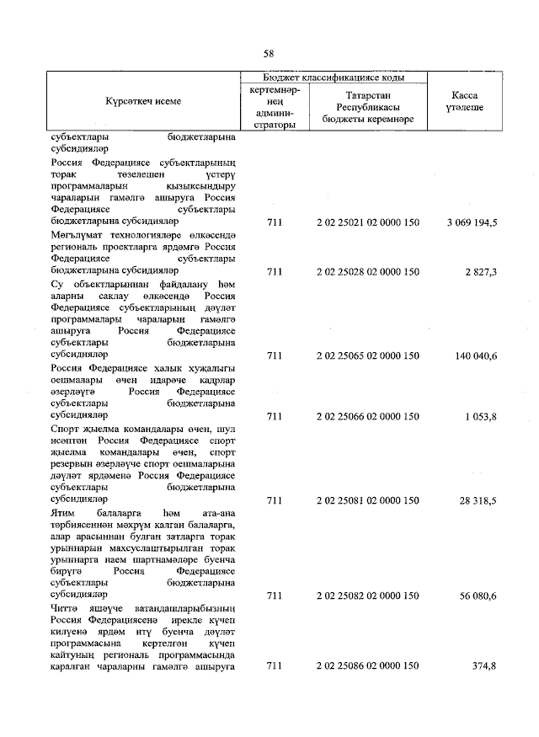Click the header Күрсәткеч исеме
point(143,101)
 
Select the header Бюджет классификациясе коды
point(334,77)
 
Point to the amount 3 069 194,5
point(469,222)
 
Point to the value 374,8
point(483,666)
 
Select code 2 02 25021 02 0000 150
point(367,222)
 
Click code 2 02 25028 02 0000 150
point(367,271)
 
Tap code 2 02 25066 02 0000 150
point(367,416)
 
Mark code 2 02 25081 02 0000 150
point(367,500)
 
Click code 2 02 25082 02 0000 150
point(367,595)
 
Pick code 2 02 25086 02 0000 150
point(367,666)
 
